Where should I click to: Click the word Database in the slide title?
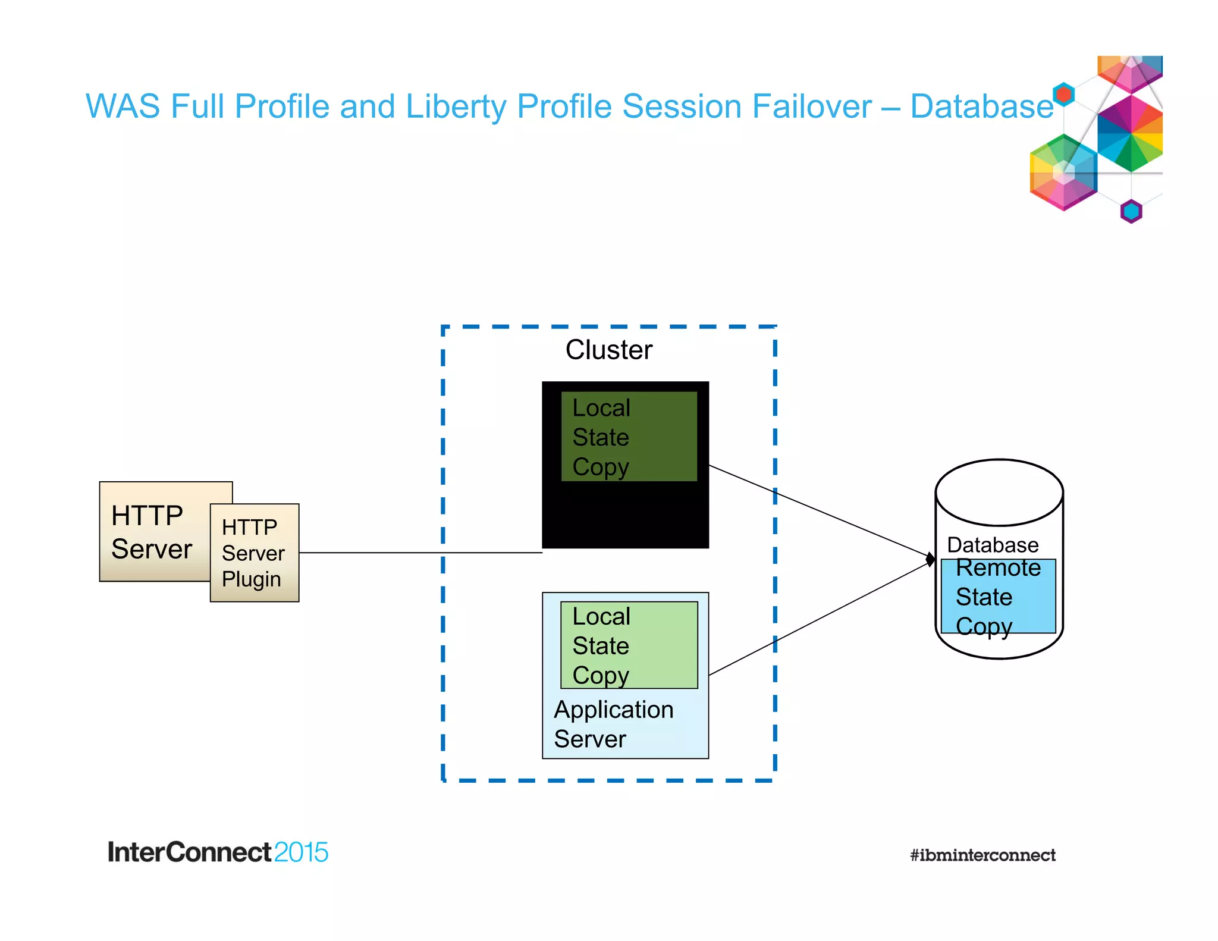tap(981, 106)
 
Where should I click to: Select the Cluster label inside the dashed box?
tap(608, 350)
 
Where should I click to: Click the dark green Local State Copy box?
tap(629, 437)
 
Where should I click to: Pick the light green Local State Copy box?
tap(629, 645)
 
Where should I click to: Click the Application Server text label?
tap(613, 724)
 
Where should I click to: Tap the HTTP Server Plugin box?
tap(255, 553)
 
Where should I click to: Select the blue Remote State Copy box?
tap(998, 597)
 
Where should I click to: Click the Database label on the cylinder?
tap(992, 545)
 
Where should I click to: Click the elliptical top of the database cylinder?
tap(999, 493)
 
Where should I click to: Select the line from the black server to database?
tap(821, 511)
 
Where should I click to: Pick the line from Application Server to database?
tap(821, 618)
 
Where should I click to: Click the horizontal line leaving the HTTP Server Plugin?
tap(419, 553)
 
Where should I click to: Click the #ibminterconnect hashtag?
tap(982, 855)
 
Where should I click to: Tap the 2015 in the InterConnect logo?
tap(301, 852)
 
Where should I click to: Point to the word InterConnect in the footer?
tap(189, 852)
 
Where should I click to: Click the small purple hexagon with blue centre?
tap(1131, 211)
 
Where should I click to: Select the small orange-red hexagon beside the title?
tap(1063, 94)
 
